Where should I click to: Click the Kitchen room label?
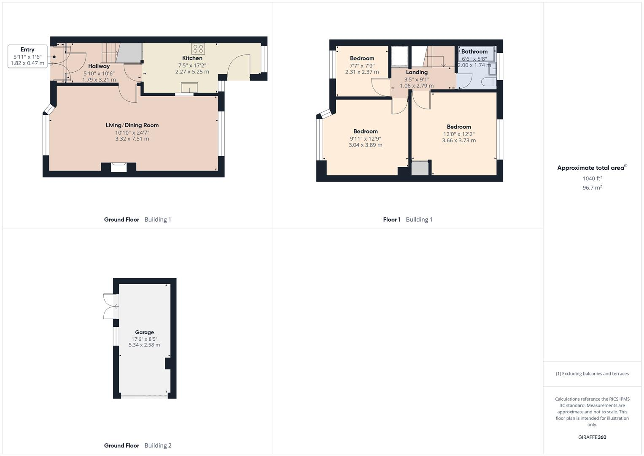coord(192,58)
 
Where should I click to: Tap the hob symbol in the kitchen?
coord(198,49)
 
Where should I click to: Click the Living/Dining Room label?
coord(132,125)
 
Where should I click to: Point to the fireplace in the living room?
coord(119,168)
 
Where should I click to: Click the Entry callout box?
coord(27,57)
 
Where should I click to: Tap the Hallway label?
coord(99,66)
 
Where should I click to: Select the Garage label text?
coord(144,332)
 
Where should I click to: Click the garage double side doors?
coord(110,306)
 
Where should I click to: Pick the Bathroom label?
coord(474,52)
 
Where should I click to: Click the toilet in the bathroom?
coord(489,82)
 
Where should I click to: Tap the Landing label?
coord(417,72)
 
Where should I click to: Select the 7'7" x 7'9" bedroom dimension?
coord(362,65)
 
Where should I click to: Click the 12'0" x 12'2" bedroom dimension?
coord(459,134)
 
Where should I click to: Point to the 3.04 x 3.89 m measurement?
coord(365,145)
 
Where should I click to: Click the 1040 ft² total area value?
coord(592,179)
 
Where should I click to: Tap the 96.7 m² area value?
coord(592,187)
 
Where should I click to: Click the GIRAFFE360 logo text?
coord(592,437)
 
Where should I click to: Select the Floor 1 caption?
coord(392,220)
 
